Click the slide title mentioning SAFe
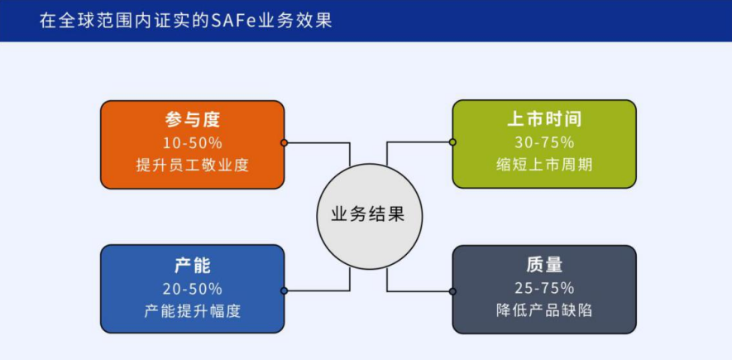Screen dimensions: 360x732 pos(185,21)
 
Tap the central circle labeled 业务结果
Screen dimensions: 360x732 pos(367,214)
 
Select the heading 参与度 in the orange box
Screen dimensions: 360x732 pos(193,120)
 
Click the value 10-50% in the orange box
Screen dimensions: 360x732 pos(193,142)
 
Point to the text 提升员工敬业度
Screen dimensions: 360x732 pos(193,165)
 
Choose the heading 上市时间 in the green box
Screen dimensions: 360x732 pos(544,120)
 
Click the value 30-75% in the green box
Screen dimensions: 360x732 pos(544,142)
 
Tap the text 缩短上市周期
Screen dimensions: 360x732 pos(544,165)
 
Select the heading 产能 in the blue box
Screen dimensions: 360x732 pos(193,266)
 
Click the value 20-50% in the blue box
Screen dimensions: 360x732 pos(193,289)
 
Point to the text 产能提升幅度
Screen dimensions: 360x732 pos(193,311)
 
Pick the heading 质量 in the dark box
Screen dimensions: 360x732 pos(544,266)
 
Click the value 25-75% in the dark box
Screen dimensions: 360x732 pos(544,289)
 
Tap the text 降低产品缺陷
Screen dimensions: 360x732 pos(544,311)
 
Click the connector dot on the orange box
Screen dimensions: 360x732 pos(284,142)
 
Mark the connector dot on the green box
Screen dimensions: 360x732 pos(452,142)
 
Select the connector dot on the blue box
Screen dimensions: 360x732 pos(284,290)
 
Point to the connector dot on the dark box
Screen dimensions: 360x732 pos(452,290)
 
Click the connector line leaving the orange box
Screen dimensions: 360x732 pos(318,142)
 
